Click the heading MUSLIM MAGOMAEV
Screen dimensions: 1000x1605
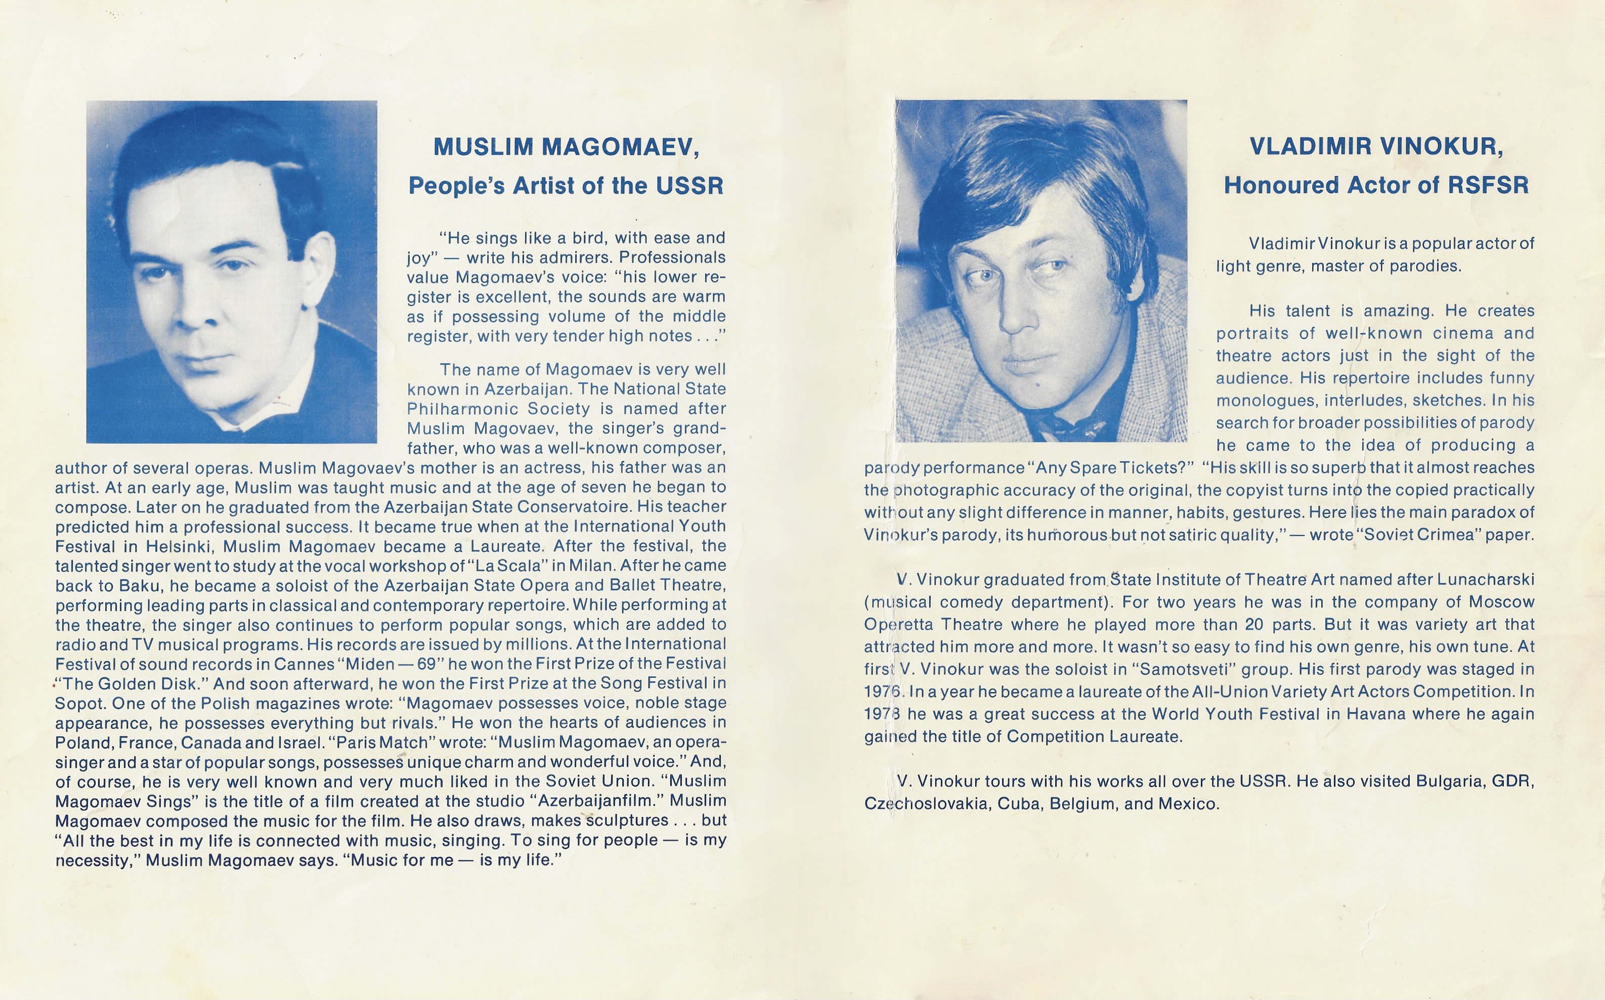[x=566, y=147]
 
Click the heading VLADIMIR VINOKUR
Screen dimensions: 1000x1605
[x=1376, y=146]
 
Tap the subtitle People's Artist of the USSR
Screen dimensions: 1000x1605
[x=566, y=186]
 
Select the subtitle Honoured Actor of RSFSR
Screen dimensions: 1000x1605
[x=1376, y=185]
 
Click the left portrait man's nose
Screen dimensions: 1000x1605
[x=198, y=311]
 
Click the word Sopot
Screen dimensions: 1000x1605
[x=80, y=703]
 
